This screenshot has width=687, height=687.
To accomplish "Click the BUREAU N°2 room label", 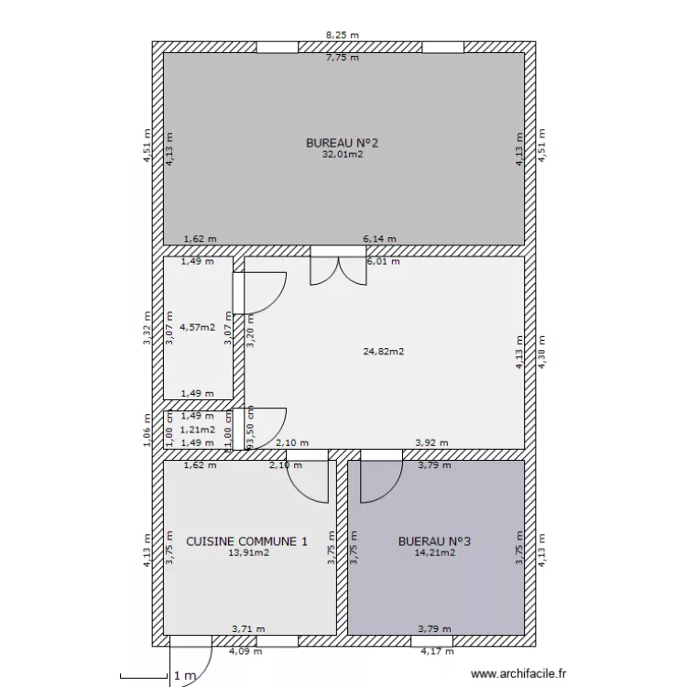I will [x=342, y=143].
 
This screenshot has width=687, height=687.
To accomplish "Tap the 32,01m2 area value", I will [x=342, y=155].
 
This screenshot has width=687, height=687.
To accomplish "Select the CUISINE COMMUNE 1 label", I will [x=246, y=541].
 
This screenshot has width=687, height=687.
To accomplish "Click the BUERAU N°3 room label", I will [x=434, y=541].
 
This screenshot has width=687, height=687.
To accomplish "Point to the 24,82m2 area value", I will [x=385, y=351].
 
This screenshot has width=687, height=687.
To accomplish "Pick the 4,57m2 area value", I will [x=197, y=326].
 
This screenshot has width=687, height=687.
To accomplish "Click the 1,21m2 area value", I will [x=197, y=429].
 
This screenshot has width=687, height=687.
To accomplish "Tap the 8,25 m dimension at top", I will [x=343, y=35].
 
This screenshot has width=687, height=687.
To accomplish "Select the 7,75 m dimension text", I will [x=343, y=58].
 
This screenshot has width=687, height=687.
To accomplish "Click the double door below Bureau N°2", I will [x=338, y=268].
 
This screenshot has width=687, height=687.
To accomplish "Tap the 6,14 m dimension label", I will [x=379, y=239].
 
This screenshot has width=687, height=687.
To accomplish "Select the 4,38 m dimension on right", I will [x=541, y=351].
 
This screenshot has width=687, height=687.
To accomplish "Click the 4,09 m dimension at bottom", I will [x=245, y=651].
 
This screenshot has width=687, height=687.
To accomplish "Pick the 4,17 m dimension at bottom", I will [x=437, y=651].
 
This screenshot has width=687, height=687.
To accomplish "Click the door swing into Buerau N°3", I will [x=379, y=480].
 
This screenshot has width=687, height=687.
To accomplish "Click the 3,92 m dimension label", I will [x=431, y=442].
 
